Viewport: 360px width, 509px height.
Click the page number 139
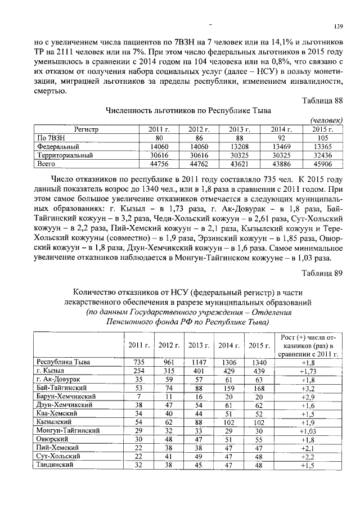pos(339,27)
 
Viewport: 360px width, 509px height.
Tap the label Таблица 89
pos(322,274)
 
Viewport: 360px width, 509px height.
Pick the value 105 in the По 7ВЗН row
pos(322,137)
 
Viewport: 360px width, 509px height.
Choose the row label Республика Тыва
pos(64,362)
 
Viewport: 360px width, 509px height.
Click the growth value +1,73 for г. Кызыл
pos(308,371)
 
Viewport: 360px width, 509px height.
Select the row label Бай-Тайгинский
pos(61,388)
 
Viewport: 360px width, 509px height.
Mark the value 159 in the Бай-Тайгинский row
pos(228,388)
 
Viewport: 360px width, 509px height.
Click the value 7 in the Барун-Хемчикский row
pos(138,397)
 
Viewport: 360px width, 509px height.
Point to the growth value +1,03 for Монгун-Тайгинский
pos(308,430)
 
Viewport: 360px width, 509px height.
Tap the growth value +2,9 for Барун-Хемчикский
pos(308,397)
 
